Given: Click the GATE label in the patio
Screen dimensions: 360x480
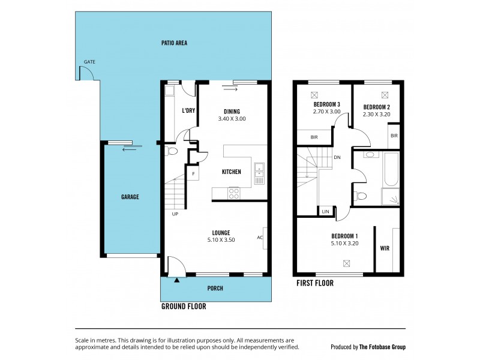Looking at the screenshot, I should pos(89,62).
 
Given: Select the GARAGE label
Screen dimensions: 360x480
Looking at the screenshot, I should pos(130,197).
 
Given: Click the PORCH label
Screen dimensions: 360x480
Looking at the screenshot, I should pos(215,289).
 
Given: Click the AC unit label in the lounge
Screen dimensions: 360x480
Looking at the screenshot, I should pos(260,237).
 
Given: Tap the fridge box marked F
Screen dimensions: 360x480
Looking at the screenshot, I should pos(193,174).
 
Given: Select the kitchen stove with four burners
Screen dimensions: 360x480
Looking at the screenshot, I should pos(233,193).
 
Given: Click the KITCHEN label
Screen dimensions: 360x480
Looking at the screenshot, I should pos(232,172).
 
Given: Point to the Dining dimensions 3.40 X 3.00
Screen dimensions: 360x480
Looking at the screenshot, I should pos(232,119).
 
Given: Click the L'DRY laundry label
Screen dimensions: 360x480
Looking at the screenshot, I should pos(188,110).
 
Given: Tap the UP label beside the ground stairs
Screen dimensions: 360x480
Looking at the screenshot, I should pos(175,214).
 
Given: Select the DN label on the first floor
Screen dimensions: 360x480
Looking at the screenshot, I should pos(337,158).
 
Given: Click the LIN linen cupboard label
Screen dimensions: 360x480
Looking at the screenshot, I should pos(325,212).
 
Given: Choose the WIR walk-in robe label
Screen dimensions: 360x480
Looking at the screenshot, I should pos(385,247).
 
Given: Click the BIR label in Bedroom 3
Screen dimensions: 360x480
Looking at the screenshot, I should pos(314,137).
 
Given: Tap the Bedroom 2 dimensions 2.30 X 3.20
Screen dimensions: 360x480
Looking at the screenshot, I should pos(377,114).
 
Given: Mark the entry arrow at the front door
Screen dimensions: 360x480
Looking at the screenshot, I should pos(177,279).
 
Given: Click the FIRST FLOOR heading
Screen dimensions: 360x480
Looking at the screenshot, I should pos(315,283).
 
